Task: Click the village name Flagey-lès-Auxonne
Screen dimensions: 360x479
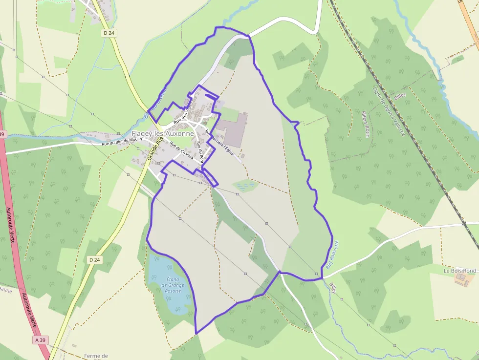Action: click(x=163, y=133)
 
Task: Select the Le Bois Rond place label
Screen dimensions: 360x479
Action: click(x=459, y=271)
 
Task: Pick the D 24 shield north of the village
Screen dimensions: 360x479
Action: click(x=109, y=33)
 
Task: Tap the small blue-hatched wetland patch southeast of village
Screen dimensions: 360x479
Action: click(x=245, y=185)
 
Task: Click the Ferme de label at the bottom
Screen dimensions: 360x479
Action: click(x=96, y=356)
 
